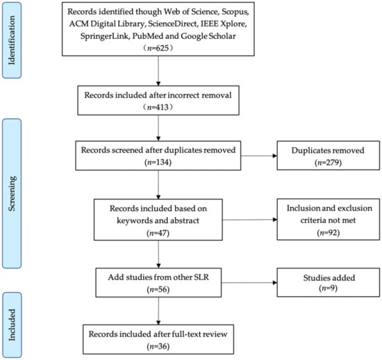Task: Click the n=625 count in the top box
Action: (x=158, y=48)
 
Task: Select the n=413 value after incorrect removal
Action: (x=158, y=107)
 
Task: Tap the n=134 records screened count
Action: (x=158, y=162)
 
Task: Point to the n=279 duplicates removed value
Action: (x=328, y=163)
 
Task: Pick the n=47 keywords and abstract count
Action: (x=158, y=233)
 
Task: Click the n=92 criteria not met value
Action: (x=328, y=233)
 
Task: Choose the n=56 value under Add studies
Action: (x=158, y=289)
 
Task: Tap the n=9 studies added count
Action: (x=328, y=288)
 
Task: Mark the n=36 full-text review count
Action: (x=158, y=346)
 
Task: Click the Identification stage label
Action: (x=12, y=40)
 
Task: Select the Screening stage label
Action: (x=12, y=193)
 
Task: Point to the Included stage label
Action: (x=12, y=325)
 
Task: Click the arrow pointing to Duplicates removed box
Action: (x=259, y=156)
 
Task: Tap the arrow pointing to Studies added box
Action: (x=249, y=283)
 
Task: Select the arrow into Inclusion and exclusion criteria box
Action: (x=250, y=220)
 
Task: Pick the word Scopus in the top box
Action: (x=235, y=12)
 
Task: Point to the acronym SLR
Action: (x=201, y=277)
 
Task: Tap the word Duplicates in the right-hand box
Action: (x=307, y=150)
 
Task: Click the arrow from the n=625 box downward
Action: (x=158, y=71)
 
